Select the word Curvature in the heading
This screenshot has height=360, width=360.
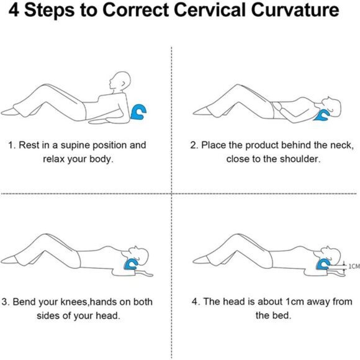point(295,10)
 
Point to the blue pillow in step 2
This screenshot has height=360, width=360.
point(322,115)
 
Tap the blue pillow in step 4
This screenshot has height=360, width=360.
point(323,264)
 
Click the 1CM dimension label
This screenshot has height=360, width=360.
point(354,266)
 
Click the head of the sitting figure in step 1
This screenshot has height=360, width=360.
point(120,81)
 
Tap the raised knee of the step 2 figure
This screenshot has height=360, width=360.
point(238,87)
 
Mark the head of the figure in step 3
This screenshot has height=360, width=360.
point(139,255)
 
